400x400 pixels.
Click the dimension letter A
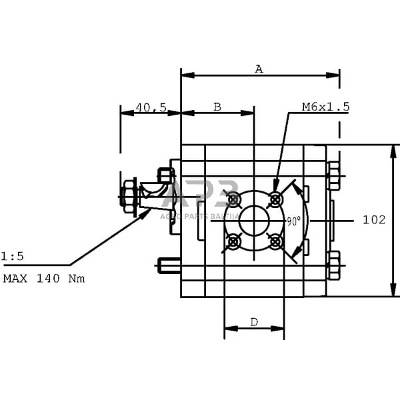pyautogui.click(x=259, y=68)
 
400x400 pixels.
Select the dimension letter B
pyautogui.click(x=217, y=107)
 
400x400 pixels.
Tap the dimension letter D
pyautogui.click(x=254, y=322)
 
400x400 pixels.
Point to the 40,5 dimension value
pyautogui.click(x=151, y=107)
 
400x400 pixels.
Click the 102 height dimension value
pyautogui.click(x=374, y=219)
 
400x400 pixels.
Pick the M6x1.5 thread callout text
pyautogui.click(x=325, y=107)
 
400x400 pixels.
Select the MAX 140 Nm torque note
pyautogui.click(x=44, y=279)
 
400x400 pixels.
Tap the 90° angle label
pyautogui.click(x=293, y=220)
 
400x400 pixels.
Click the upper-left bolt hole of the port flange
pyautogui.click(x=233, y=199)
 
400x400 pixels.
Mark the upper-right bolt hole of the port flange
pyautogui.click(x=275, y=199)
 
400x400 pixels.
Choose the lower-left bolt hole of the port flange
pyautogui.click(x=233, y=241)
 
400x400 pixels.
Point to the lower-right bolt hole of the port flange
pyautogui.click(x=275, y=241)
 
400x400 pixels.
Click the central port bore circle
pyautogui.click(x=254, y=220)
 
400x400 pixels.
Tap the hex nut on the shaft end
pyautogui.click(x=129, y=196)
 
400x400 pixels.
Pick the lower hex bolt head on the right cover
pyautogui.click(x=333, y=265)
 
